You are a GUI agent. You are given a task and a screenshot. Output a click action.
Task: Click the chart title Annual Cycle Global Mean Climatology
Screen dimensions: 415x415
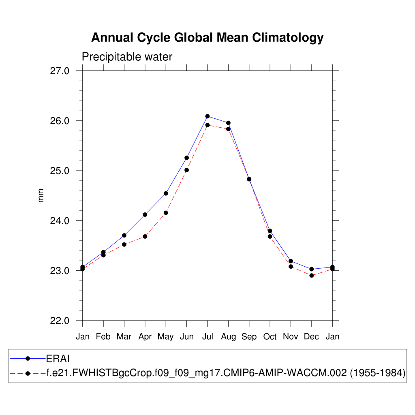tap(207, 38)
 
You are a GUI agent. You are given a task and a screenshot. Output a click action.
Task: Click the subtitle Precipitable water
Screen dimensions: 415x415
tap(127, 57)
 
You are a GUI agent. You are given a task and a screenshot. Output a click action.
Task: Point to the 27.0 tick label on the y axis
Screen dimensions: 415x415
tap(60, 71)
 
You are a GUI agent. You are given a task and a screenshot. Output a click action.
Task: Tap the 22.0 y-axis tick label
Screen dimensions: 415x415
tap(60, 321)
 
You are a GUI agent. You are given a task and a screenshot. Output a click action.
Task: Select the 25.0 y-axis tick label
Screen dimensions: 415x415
tap(60, 171)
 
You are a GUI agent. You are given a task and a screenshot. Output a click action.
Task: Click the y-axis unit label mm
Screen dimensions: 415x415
tap(41, 196)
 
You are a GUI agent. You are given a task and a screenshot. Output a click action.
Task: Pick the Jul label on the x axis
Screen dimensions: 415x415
tap(207, 337)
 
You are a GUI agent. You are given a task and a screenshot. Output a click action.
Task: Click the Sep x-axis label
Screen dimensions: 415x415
tap(249, 337)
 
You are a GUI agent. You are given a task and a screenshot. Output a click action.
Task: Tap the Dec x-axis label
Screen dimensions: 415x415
tap(311, 337)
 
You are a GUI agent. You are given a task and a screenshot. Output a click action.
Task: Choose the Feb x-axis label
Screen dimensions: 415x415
tap(103, 337)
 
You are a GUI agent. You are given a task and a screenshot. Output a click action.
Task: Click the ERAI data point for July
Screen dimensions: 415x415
tap(207, 116)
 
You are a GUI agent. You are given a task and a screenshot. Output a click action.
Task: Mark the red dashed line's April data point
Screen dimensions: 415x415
tap(145, 236)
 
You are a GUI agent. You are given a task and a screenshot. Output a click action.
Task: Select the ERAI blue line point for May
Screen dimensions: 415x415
tap(166, 193)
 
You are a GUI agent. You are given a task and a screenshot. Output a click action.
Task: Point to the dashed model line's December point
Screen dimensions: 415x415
tap(311, 276)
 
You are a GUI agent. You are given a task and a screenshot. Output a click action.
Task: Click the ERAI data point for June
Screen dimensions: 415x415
tap(186, 158)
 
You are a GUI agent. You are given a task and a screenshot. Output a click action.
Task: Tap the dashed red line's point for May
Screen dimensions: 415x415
tap(166, 213)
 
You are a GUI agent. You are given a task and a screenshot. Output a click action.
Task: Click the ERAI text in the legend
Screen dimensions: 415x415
tap(59, 358)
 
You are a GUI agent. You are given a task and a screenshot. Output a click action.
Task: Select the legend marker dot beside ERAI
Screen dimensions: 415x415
tap(28, 358)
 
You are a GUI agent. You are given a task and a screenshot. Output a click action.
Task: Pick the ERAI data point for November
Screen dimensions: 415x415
tap(291, 261)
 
